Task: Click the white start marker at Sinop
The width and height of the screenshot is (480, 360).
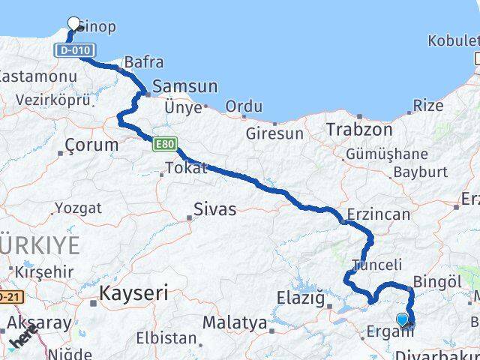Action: point(74,23)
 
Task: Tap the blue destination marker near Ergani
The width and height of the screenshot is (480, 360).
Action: point(403,319)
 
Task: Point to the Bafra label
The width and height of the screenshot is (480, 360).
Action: point(144,63)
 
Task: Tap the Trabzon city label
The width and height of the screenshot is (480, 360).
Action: point(359,129)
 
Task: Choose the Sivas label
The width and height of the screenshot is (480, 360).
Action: point(214,209)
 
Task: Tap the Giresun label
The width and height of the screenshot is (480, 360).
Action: point(274,134)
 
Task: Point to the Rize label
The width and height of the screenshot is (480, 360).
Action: point(428,106)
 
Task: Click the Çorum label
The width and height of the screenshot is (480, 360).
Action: point(91,144)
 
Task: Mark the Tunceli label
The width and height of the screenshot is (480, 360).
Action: point(377,264)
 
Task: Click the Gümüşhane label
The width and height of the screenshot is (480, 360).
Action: point(386,154)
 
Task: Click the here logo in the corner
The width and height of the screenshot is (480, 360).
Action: point(22,340)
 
